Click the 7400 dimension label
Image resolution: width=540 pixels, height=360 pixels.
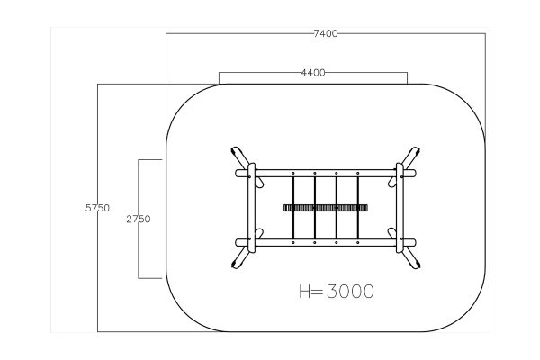326,34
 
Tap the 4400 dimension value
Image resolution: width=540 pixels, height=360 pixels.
313,73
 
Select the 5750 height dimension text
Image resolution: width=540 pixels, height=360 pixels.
97,208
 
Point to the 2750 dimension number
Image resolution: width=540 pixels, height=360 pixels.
139,219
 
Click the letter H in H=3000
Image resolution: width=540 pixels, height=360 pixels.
305,292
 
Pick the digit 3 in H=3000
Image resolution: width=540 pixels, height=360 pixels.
332,292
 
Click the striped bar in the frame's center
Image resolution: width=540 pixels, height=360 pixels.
326,208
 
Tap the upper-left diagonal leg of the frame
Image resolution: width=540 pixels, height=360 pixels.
240,158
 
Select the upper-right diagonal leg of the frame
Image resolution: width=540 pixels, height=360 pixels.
410,158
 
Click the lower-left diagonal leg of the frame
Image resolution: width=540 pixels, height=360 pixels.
240,257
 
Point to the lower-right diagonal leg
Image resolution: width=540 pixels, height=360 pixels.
410,257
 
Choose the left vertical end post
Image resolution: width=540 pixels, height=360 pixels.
252,208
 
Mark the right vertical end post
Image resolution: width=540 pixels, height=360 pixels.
400,208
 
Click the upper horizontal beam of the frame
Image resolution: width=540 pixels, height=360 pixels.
326,174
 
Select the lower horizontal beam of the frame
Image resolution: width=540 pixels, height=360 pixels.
326,242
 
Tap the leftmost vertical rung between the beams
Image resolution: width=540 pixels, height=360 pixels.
293,208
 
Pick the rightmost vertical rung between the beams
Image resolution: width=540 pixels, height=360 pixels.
358,208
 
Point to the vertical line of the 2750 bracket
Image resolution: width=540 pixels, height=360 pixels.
139,219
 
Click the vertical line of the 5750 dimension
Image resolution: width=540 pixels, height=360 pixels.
97,208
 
